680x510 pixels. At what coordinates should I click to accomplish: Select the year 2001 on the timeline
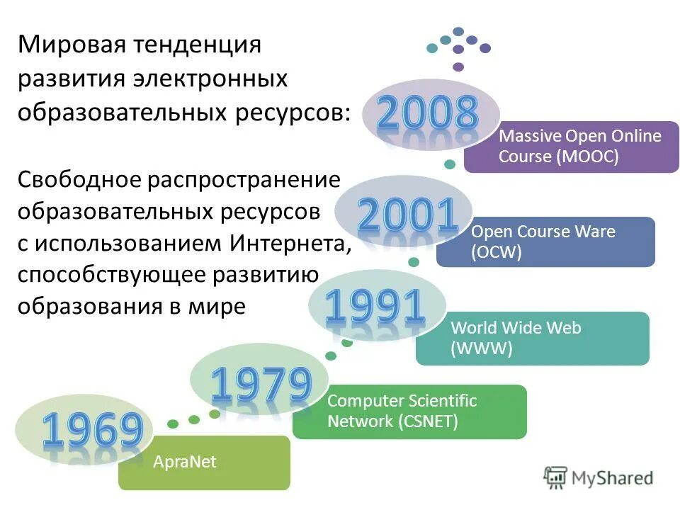[407, 216]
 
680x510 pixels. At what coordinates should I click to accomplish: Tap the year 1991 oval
[375, 308]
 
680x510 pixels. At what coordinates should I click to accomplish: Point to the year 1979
[261, 386]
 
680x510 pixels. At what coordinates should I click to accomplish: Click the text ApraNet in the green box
[184, 463]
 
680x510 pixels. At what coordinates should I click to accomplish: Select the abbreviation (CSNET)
[428, 422]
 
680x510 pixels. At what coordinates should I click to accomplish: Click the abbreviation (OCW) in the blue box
[496, 252]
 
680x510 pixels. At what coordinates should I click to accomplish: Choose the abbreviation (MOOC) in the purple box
[587, 157]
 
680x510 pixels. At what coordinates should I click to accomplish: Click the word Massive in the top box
[526, 136]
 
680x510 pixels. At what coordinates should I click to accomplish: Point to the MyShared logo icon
[555, 477]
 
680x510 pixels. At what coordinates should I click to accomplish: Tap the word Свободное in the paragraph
[79, 179]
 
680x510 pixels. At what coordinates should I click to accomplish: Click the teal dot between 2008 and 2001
[449, 164]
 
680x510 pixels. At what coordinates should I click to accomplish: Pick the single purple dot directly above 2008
[458, 67]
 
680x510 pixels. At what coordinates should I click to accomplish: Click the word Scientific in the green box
[439, 401]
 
